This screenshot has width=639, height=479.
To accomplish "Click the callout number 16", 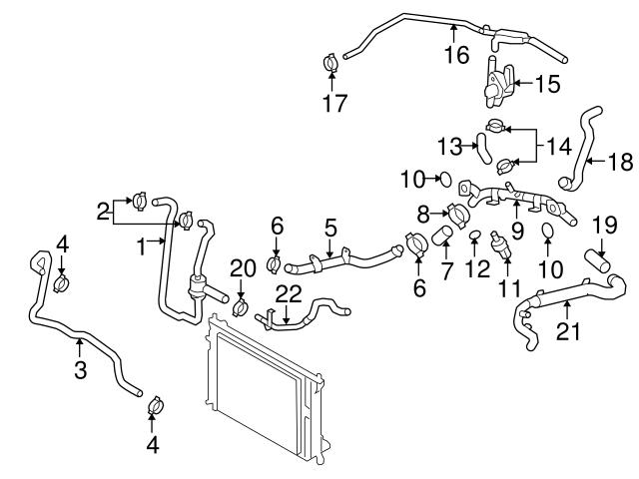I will tap(455, 55).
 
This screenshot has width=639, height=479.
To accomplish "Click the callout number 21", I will tap(567, 331).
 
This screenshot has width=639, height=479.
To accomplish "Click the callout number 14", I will tap(559, 147).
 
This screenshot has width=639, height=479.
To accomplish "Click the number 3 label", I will tap(80, 370).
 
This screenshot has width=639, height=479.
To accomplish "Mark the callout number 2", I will tap(102, 211).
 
